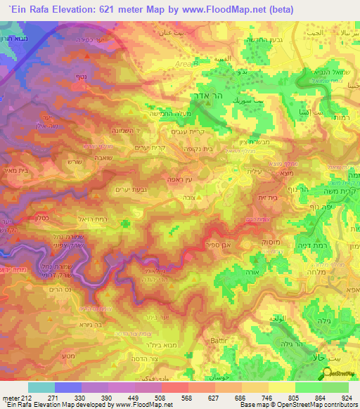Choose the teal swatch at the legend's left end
click(x=41, y=387)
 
